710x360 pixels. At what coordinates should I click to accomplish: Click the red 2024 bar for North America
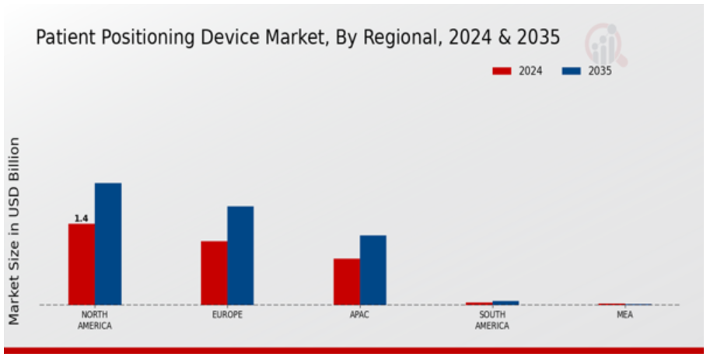coord(81,264)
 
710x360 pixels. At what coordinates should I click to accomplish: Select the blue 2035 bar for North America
coord(108,243)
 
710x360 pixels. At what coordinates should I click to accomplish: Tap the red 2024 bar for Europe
coord(214,273)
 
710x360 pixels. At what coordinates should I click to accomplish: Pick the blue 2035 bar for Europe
coord(240,255)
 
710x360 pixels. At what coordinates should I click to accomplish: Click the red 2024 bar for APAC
coord(347,281)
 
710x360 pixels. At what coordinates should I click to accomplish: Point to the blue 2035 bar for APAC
coord(373,270)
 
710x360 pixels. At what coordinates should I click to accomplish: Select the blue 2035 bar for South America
coord(505,302)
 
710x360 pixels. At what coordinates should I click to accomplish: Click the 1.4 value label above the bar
coord(81,218)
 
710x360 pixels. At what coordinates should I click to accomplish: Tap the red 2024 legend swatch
coord(502,71)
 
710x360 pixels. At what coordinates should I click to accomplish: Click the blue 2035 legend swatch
coord(571,71)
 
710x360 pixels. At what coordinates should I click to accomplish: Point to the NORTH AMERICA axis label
coord(94,320)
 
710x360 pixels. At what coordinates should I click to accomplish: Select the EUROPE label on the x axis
coord(227,315)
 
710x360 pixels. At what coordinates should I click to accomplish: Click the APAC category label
coord(360,315)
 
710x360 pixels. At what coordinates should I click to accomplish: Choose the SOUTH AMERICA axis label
coord(492,320)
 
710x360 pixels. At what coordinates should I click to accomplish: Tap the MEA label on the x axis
coord(625,315)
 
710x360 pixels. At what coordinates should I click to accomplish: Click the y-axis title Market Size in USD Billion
coord(15,231)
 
